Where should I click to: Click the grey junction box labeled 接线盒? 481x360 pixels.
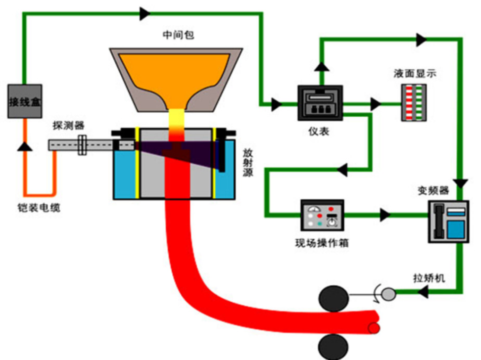25,101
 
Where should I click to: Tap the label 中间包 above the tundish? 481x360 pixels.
178,35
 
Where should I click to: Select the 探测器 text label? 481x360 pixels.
68,126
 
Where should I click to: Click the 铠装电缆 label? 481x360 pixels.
39,208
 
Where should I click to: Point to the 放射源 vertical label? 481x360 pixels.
248,163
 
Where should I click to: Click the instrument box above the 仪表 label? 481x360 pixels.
320,103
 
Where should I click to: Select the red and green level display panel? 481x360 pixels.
414,103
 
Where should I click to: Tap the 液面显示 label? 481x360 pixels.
415,74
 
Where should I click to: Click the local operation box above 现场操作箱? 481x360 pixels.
322,215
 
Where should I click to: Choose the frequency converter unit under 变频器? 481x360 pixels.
448,222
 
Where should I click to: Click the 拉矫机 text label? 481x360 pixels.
429,278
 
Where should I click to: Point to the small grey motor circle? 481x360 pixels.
388,294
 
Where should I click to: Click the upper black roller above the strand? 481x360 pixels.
334,299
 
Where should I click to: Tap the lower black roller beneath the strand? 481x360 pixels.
334,347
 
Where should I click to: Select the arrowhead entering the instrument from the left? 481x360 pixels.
277,104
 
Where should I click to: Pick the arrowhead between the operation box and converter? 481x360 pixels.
385,215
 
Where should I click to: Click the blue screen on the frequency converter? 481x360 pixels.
456,229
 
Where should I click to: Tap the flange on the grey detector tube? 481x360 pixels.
82,145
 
